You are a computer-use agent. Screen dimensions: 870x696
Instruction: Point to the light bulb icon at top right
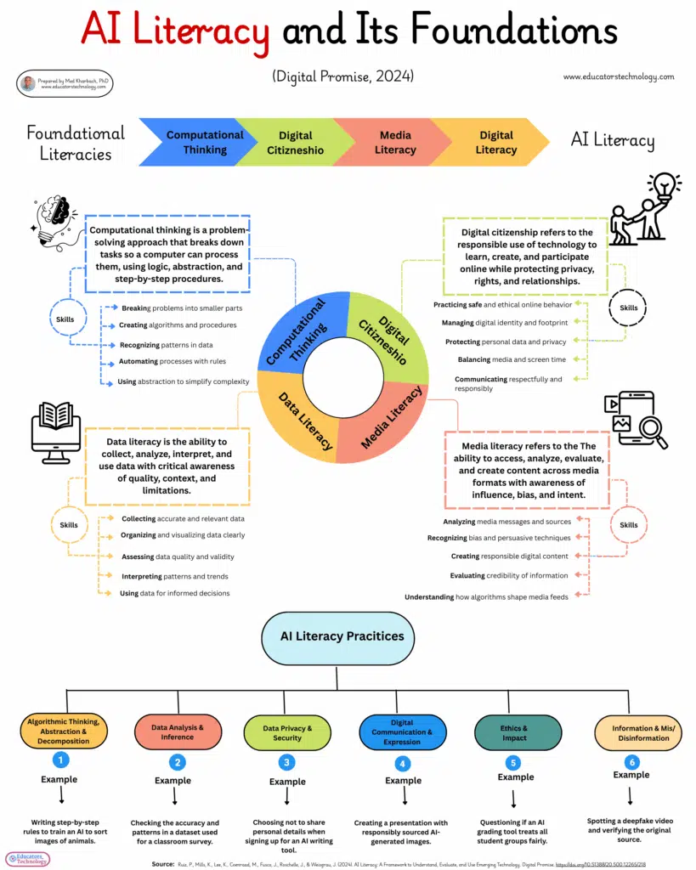664,186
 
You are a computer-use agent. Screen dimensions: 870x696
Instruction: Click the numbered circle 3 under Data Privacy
287,762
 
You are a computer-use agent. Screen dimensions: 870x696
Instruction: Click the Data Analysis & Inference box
178,732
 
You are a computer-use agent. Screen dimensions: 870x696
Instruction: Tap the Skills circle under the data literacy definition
69,525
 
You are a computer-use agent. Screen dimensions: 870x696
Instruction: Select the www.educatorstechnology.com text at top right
619,76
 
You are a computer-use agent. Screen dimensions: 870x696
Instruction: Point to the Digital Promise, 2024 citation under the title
342,76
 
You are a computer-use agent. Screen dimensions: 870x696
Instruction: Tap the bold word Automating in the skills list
139,362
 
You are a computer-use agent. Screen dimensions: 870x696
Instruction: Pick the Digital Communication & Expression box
403,732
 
